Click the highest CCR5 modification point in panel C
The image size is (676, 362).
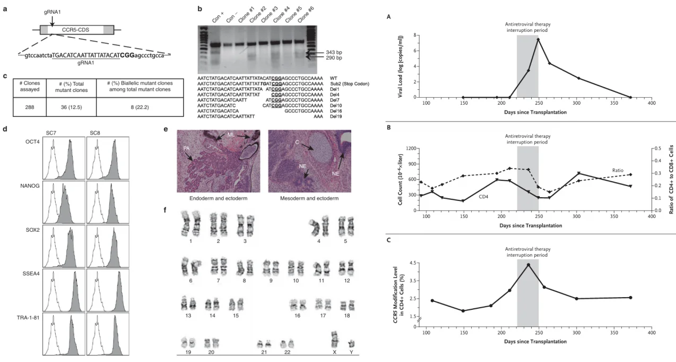point(528,265)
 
